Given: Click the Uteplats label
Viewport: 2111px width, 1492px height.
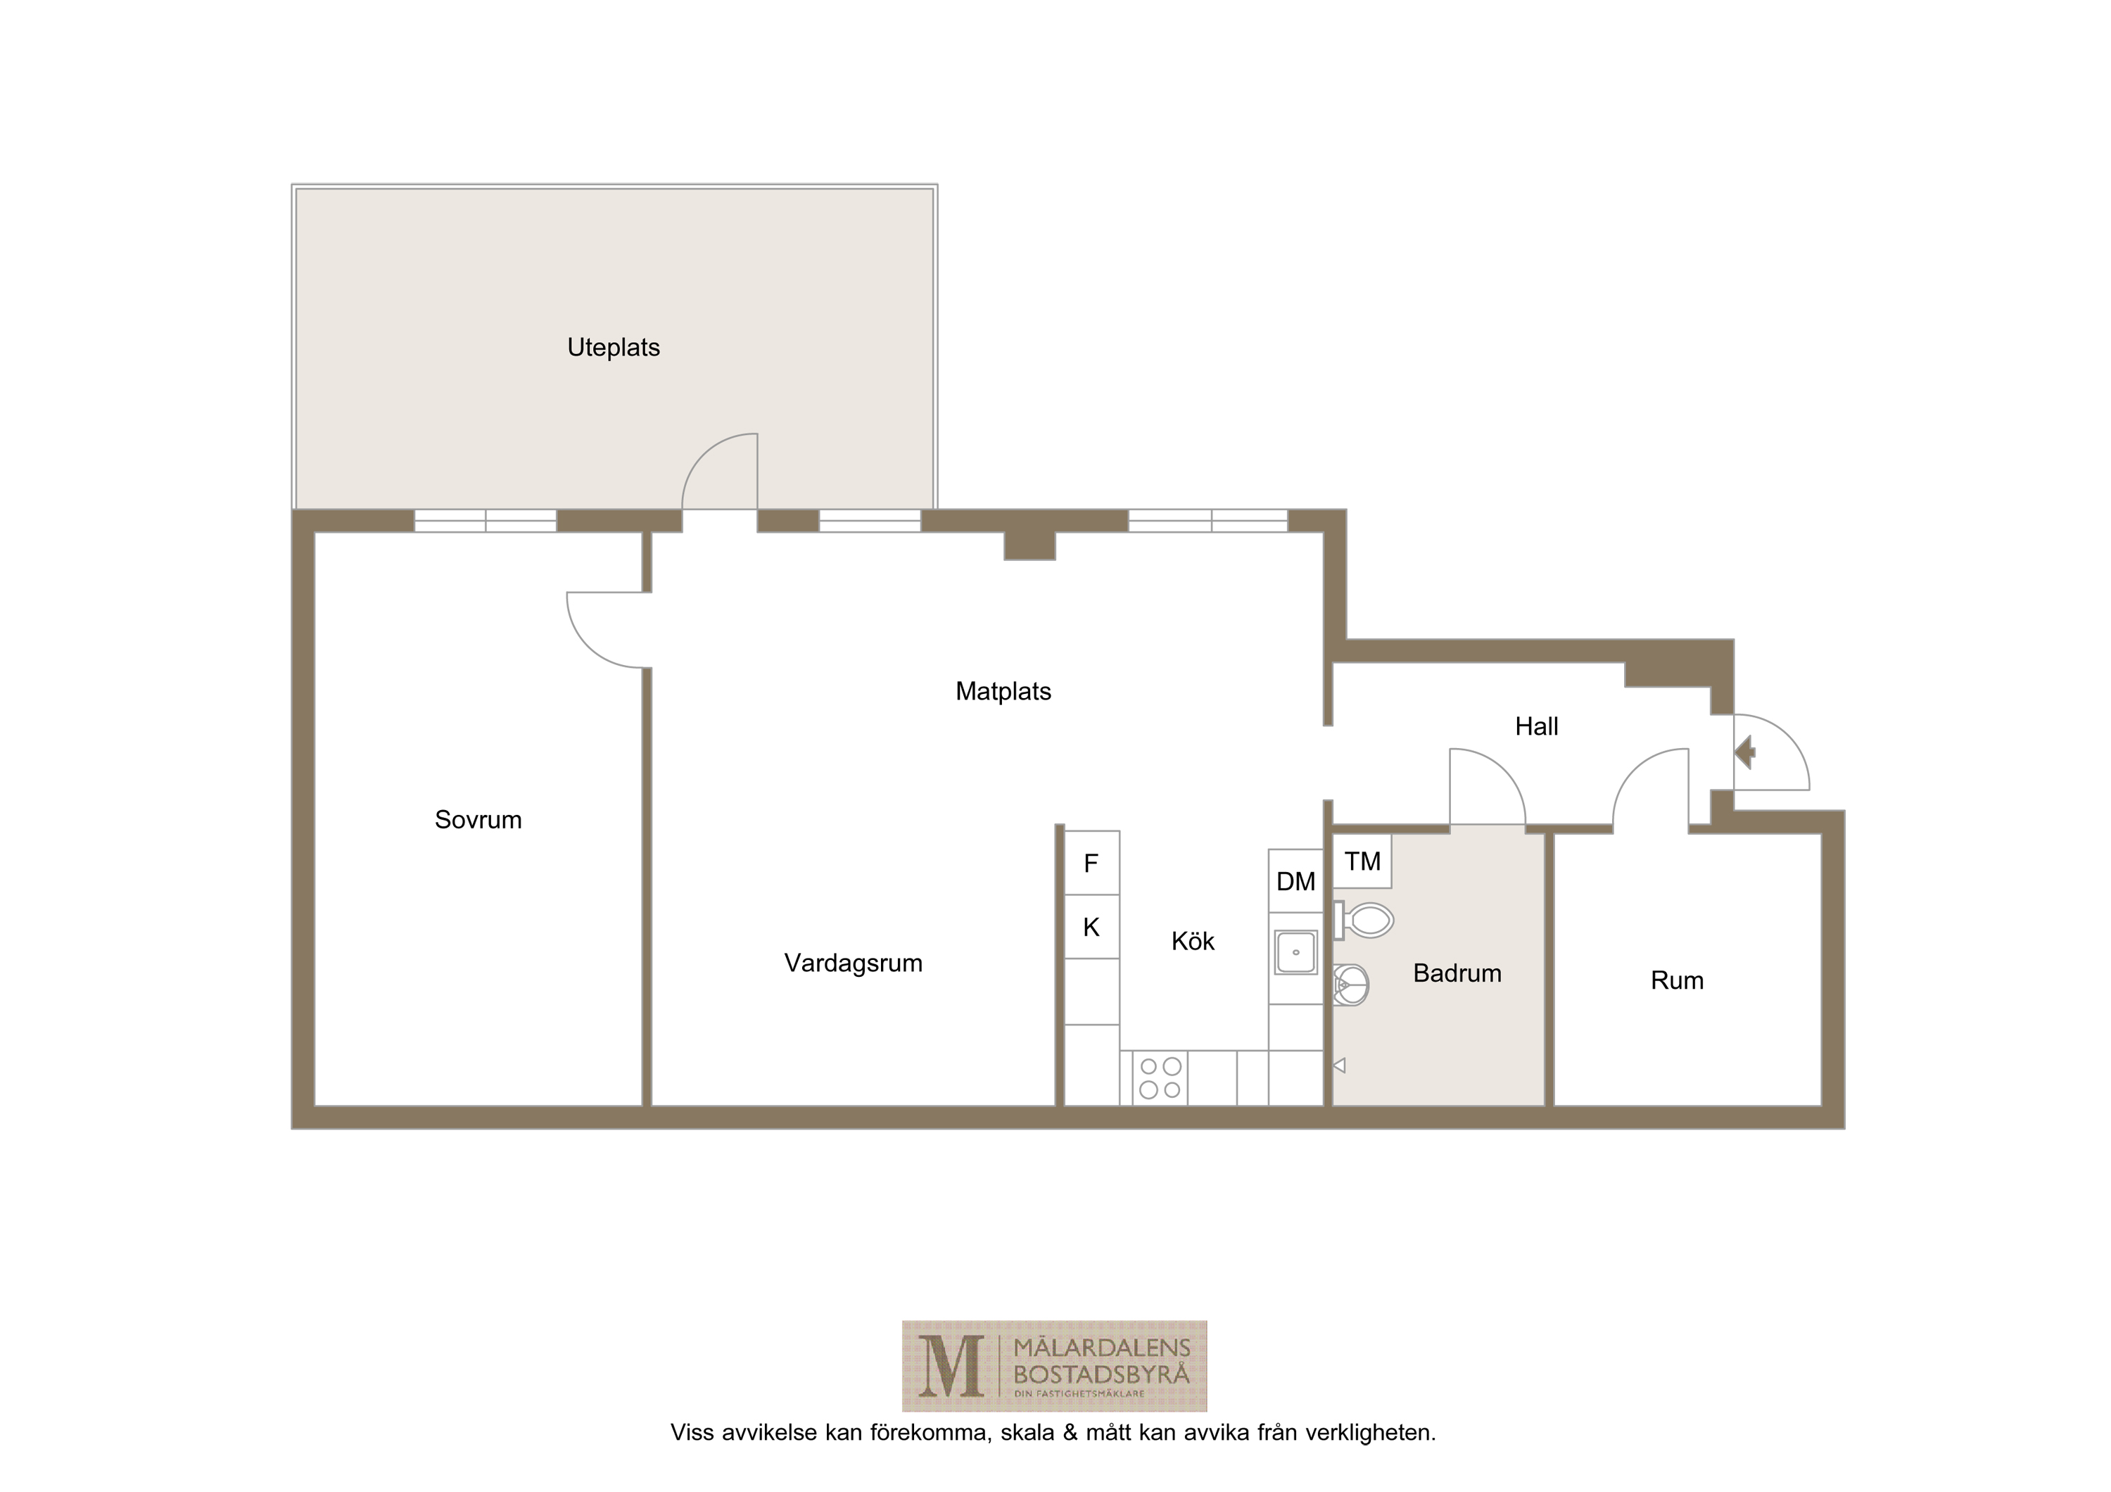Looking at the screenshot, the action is pos(614,348).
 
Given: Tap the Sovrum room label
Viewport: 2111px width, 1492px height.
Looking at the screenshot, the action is pos(478,820).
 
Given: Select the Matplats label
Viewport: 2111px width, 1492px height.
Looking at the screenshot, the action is pos(1003,691).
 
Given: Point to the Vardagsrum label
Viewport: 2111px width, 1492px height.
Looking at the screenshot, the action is pos(854,964).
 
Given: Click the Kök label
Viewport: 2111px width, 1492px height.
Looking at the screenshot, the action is pos(1193,942).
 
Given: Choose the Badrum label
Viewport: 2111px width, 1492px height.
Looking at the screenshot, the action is pos(1457,973).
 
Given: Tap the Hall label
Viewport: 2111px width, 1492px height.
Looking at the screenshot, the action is pos(1536,727).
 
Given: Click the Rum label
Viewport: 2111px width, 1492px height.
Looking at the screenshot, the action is pos(1677,981).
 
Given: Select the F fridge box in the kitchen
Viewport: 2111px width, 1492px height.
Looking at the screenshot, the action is pos(1092,864).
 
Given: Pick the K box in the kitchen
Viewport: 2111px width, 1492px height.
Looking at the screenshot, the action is pos(1092,927).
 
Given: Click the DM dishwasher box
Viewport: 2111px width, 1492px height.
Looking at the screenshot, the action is pos(1295,880).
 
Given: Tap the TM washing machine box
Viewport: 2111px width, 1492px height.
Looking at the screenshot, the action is pos(1362,861).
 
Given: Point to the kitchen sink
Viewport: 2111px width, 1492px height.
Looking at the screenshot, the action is pos(1295,952).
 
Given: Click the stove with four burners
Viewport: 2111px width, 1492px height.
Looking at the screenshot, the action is pos(1160,1077).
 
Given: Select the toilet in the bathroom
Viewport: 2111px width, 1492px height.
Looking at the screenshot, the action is pos(1364,921).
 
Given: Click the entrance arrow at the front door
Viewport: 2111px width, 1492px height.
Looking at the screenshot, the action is pos(1745,752).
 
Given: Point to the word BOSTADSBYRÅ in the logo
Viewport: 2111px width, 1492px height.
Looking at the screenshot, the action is pos(1101,1375).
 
